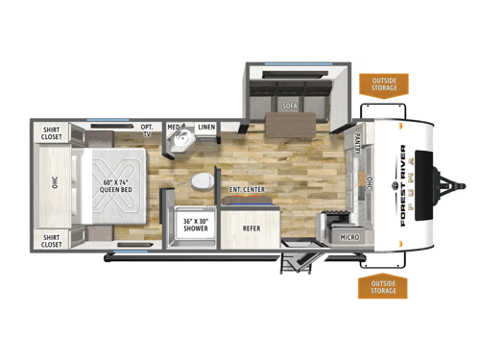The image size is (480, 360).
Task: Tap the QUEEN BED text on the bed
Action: tap(107, 187)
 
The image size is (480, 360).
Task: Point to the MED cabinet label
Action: tap(174, 127)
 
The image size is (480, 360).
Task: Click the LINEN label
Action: tap(205, 127)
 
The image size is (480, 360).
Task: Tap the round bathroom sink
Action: tap(180, 145)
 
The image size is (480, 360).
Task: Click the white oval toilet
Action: tap(202, 181)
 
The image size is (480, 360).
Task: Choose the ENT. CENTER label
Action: tap(248, 189)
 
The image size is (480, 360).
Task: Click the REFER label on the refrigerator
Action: tap(252, 228)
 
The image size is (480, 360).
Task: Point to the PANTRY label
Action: tap(354, 145)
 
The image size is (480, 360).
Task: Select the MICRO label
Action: tap(350, 234)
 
